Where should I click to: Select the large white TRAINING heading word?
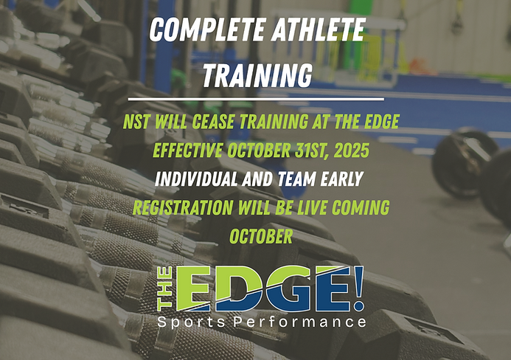click(256, 74)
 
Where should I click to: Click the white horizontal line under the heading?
click(255, 98)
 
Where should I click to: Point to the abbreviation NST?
click(139, 121)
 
